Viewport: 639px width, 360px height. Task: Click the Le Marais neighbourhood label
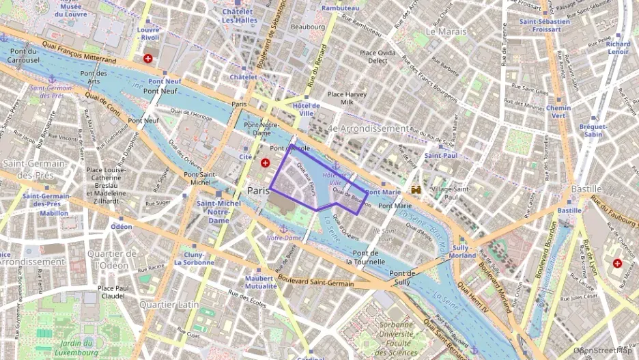pyautogui.click(x=446, y=31)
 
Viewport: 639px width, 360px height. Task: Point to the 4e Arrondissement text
pyautogui.click(x=368, y=128)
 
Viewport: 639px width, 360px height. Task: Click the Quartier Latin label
pyautogui.click(x=169, y=305)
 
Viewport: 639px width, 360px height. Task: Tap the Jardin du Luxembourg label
pyautogui.click(x=75, y=348)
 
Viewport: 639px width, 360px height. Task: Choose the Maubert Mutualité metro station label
pyautogui.click(x=261, y=282)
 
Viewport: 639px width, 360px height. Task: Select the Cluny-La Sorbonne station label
pyautogui.click(x=194, y=258)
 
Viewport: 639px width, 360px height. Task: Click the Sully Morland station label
pyautogui.click(x=464, y=251)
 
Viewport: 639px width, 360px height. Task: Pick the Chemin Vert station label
pyautogui.click(x=558, y=111)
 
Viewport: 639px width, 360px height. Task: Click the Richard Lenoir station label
pyautogui.click(x=618, y=48)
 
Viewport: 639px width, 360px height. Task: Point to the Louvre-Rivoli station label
pyautogui.click(x=147, y=33)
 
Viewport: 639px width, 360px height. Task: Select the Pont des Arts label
pyautogui.click(x=94, y=77)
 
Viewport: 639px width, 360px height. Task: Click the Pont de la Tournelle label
pyautogui.click(x=367, y=257)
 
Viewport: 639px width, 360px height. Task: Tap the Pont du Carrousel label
pyautogui.click(x=23, y=55)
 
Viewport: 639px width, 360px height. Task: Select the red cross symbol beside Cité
pyautogui.click(x=265, y=163)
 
